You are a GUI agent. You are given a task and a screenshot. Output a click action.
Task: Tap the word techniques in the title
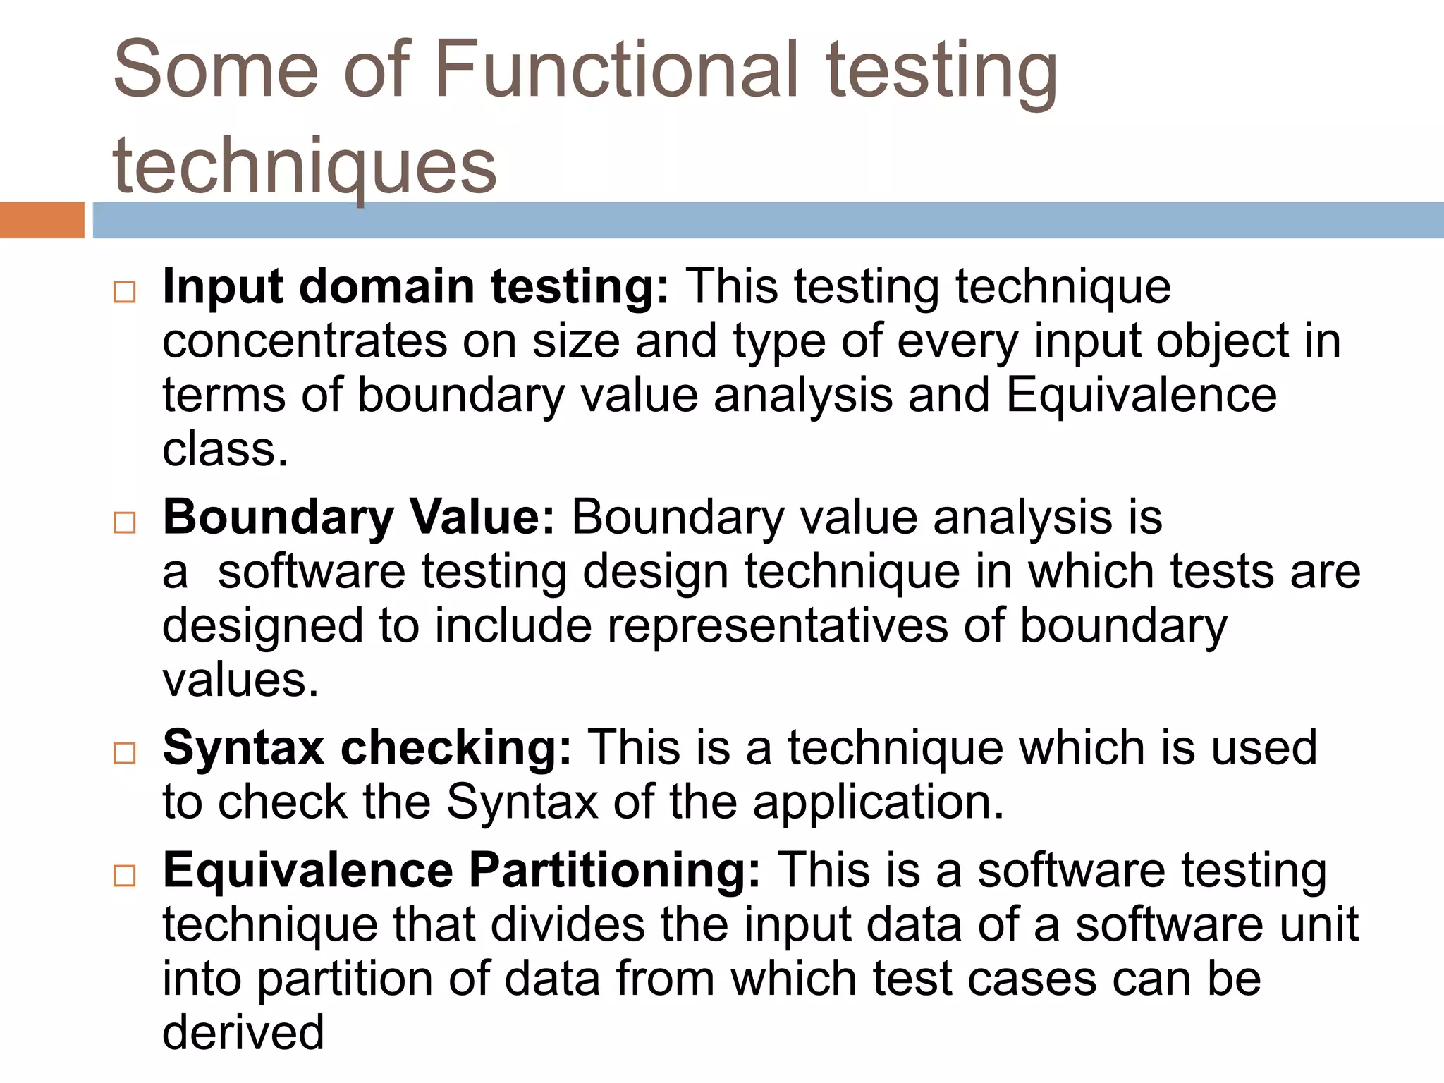[305, 166]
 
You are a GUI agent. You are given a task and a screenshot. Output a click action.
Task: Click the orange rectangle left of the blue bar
[42, 220]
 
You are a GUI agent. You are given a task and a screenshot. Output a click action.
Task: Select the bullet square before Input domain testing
[125, 292]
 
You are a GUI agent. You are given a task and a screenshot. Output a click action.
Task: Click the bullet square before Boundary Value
[125, 522]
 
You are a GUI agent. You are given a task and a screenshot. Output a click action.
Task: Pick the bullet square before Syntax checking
[125, 753]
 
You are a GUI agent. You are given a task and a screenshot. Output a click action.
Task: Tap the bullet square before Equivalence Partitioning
[125, 876]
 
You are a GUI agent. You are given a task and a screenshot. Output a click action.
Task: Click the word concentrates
[305, 341]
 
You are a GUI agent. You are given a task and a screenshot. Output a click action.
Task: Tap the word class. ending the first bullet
[225, 450]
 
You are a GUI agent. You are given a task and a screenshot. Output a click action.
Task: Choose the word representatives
[777, 626]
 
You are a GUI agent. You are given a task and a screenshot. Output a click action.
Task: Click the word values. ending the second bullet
[240, 680]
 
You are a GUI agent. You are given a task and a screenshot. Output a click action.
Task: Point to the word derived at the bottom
[243, 1033]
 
